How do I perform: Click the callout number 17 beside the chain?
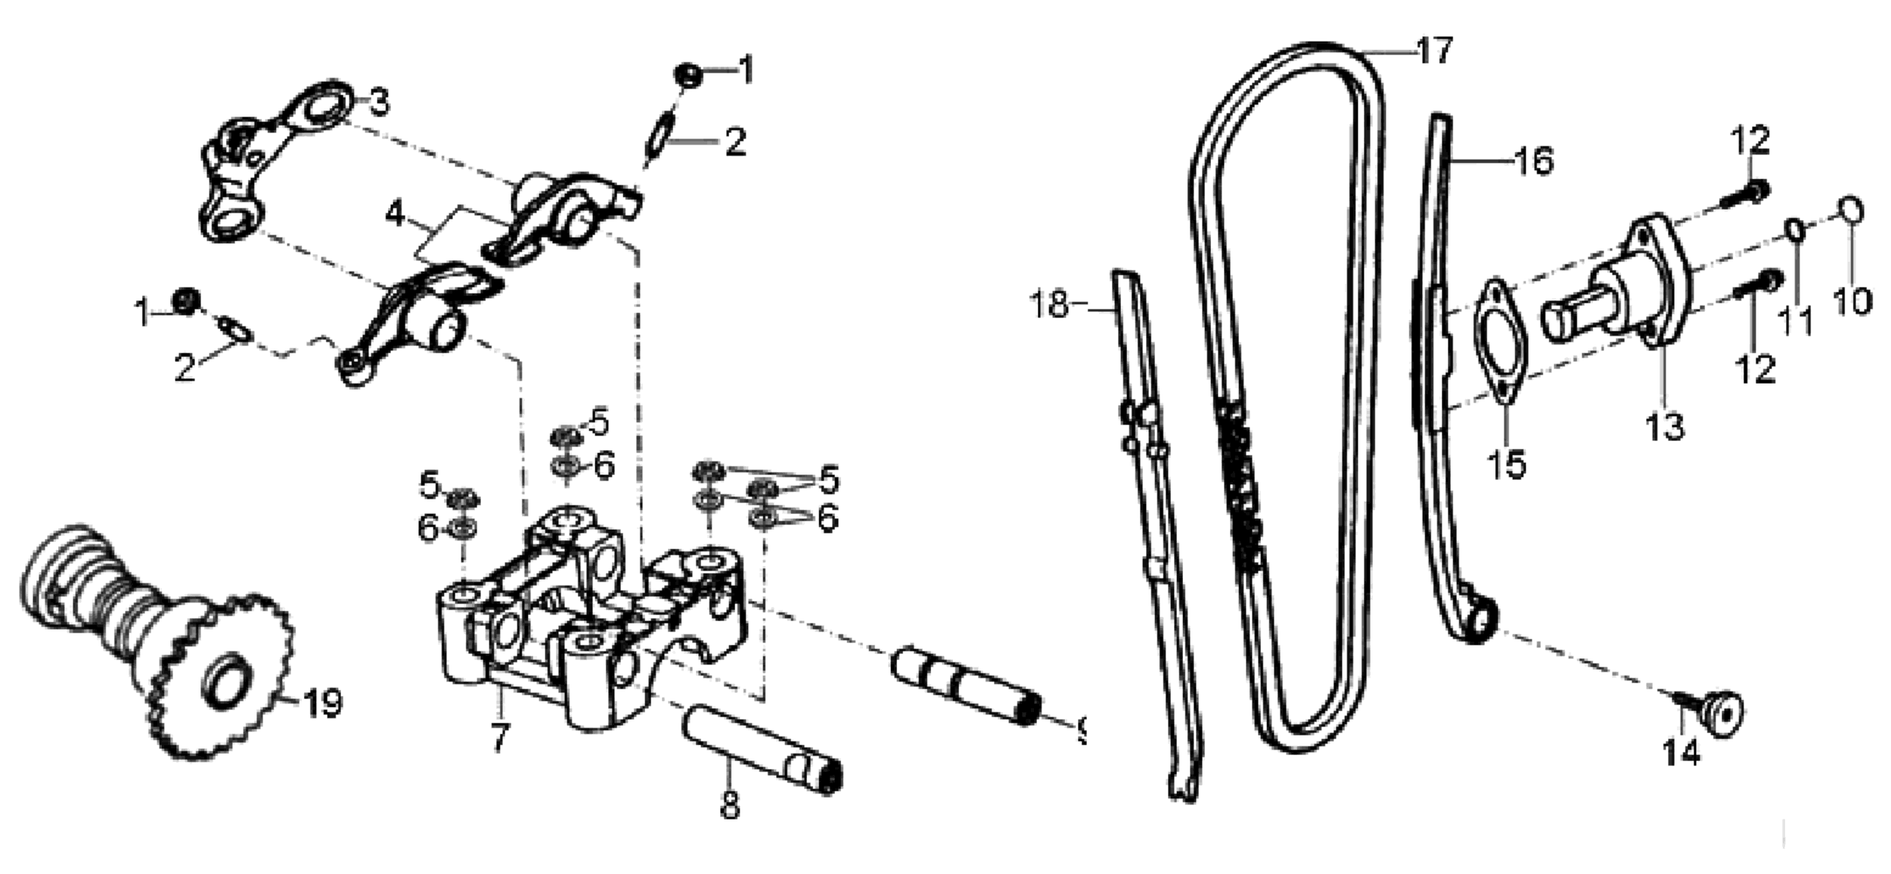point(1435,51)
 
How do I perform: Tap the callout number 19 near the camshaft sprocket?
point(322,703)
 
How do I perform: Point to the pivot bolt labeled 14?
point(1719,714)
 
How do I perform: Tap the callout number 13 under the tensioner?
point(1665,426)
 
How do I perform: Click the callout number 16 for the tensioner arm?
point(1533,161)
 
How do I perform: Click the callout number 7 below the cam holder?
point(500,736)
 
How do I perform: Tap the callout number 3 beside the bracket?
point(377,101)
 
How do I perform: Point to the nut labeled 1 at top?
point(688,74)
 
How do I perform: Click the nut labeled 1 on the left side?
point(185,303)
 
